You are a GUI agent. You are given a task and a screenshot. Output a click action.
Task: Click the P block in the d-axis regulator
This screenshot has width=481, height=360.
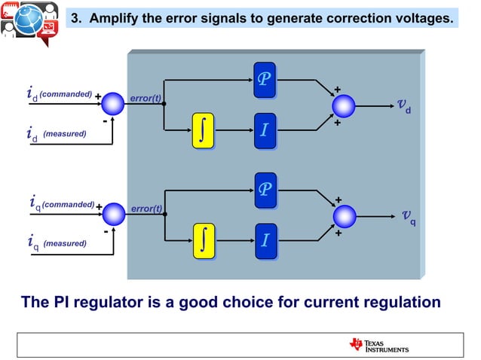coord(265,79)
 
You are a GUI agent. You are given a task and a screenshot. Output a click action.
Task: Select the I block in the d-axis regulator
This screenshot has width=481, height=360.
coord(265,130)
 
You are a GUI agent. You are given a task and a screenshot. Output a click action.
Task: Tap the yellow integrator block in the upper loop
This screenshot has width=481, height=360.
coord(203,130)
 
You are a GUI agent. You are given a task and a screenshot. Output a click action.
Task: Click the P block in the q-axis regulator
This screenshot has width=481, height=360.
coord(265,188)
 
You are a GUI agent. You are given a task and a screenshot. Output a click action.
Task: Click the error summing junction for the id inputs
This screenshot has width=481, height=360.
coord(112,102)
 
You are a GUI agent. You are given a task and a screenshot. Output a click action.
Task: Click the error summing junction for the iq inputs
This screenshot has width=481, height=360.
coord(114,214)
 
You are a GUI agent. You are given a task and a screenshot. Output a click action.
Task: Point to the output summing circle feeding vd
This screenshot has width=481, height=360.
coord(345,105)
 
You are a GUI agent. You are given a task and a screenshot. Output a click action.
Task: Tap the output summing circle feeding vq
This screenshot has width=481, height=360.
coord(345,216)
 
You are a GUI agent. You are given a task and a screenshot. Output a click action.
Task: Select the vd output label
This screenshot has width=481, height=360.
coord(404,105)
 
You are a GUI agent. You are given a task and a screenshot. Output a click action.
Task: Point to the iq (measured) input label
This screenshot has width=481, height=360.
coord(57,243)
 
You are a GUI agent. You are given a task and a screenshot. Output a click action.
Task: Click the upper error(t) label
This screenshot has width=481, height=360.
coord(146,99)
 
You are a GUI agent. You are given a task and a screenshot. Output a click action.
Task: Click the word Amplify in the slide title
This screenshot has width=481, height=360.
coord(115,17)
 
